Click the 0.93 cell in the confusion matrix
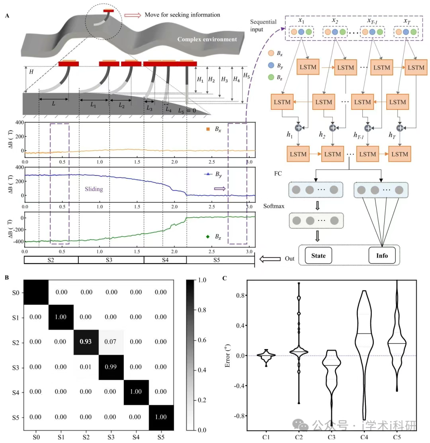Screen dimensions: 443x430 coord(86,342)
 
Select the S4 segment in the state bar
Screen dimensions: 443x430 coord(165,260)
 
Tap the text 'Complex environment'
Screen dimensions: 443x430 coord(207,39)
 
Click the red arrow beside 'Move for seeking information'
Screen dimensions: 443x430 coord(133,15)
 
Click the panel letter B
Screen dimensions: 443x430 coord(7,277)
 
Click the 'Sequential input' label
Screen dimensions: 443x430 coord(263,25)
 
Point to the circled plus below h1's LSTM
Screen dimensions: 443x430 coord(299,127)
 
